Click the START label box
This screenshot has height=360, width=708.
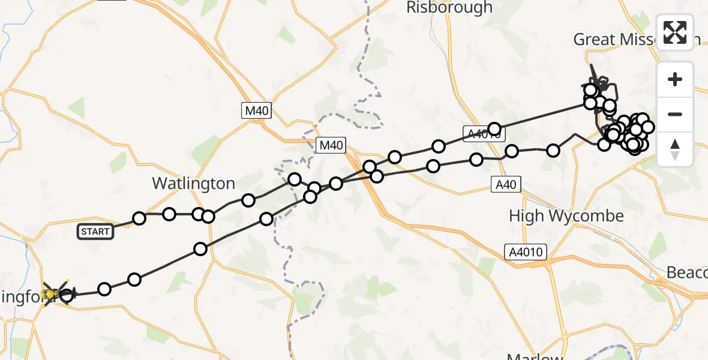(95, 231)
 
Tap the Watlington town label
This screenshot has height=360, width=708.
(193, 183)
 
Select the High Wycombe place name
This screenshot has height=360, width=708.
(566, 216)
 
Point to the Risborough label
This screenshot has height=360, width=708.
(449, 8)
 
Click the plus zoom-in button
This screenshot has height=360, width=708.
(675, 79)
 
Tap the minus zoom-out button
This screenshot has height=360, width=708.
(675, 114)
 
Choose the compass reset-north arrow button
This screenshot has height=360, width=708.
(675, 149)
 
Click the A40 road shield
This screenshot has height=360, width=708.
(505, 185)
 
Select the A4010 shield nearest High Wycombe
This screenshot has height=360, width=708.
(526, 251)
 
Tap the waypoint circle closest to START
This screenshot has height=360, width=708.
(139, 218)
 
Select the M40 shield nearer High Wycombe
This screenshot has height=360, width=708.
(331, 145)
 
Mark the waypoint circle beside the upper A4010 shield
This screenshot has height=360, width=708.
(494, 128)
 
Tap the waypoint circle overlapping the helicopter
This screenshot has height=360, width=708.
(66, 295)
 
